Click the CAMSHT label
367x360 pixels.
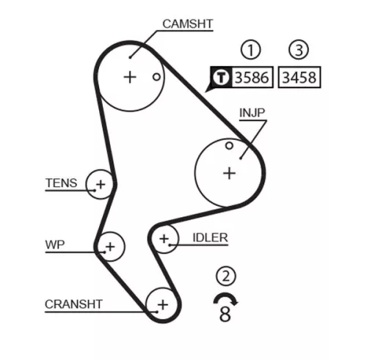tap(187, 24)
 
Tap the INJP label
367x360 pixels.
tap(252, 113)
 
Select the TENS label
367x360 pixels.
tap(60, 183)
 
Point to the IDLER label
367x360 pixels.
tap(210, 238)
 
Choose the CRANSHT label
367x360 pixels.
tap(73, 303)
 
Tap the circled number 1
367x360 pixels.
tap(252, 50)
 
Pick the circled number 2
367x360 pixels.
tap(226, 276)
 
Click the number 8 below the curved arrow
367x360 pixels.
tap(225, 315)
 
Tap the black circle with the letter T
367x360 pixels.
tap(219, 77)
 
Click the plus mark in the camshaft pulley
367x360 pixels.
tap(130, 76)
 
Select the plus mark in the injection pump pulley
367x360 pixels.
tap(229, 172)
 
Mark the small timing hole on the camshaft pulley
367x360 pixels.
tap(156, 76)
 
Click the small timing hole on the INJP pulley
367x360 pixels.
tap(229, 146)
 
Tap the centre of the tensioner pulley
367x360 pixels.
tap(100, 183)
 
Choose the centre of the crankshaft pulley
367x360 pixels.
tap(162, 303)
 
